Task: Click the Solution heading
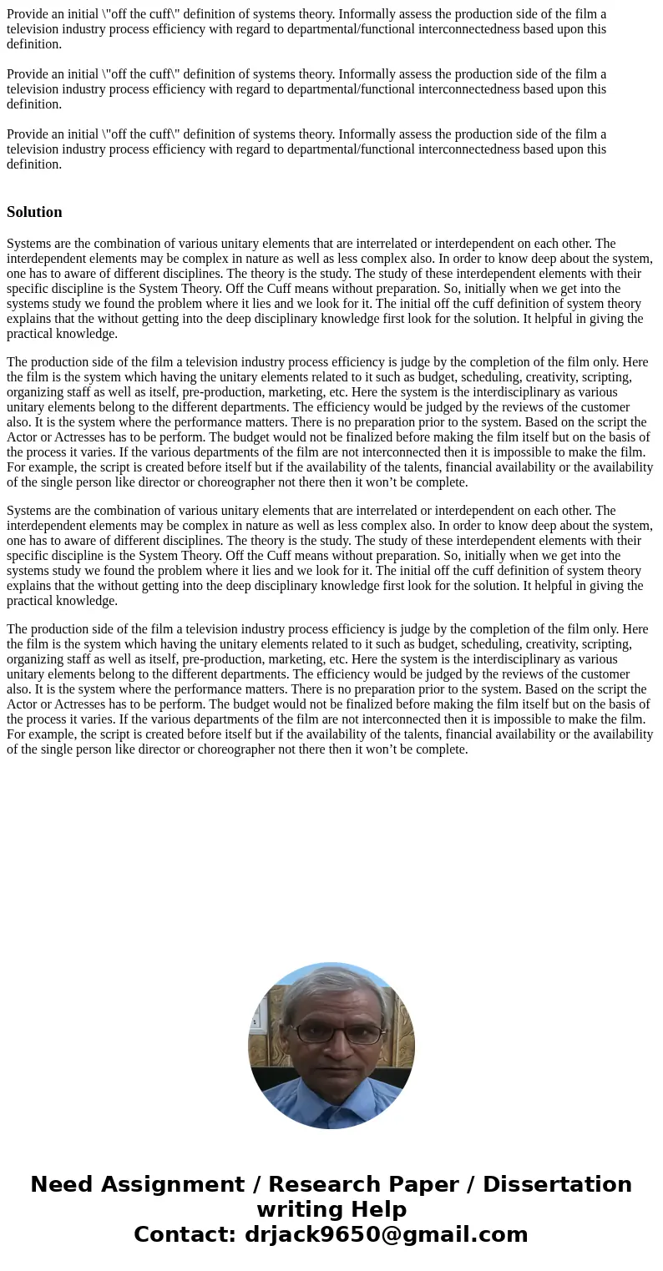(x=34, y=212)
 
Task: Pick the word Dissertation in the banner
(x=557, y=1184)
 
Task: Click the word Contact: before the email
(x=185, y=1234)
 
